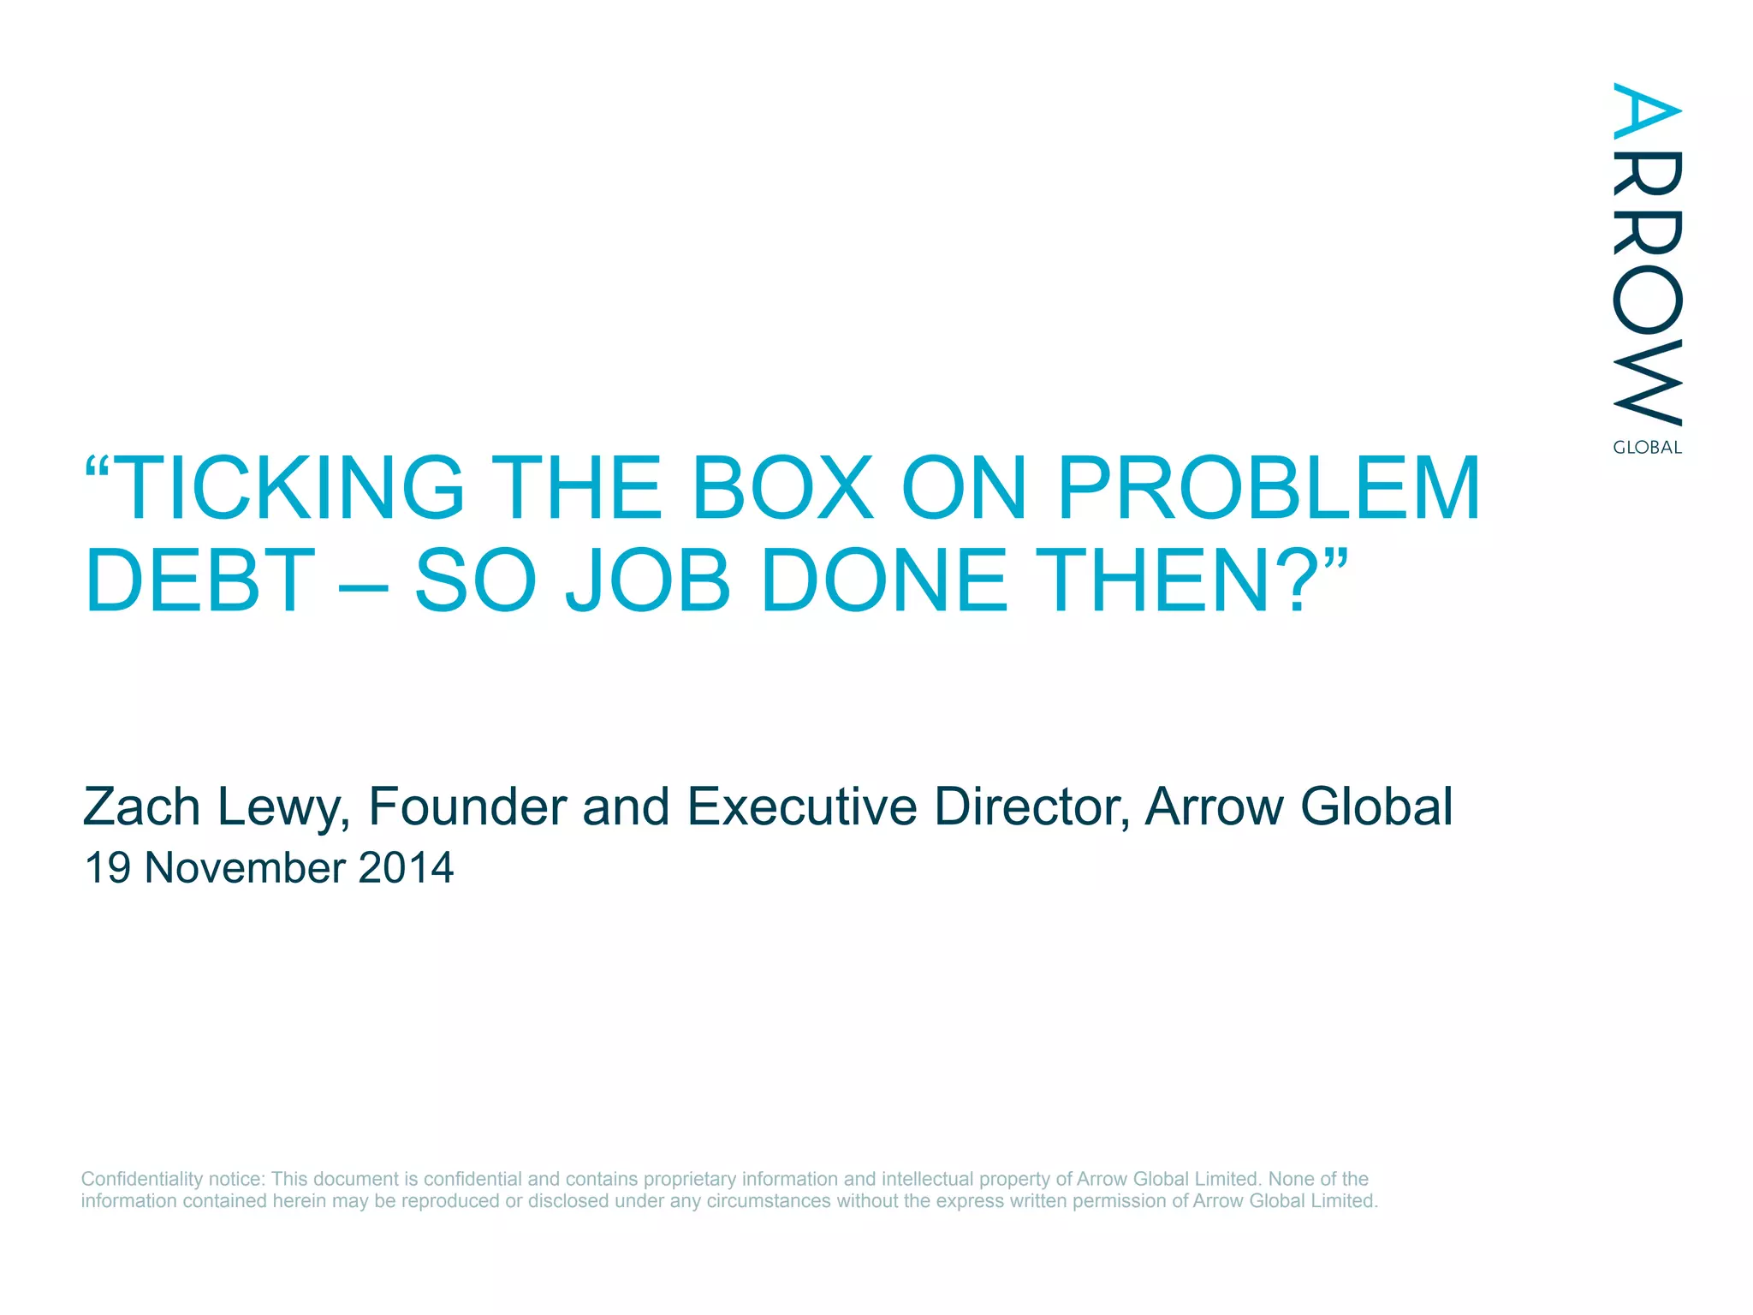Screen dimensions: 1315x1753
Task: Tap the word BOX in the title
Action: (x=782, y=488)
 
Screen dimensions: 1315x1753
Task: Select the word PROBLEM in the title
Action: (x=1269, y=488)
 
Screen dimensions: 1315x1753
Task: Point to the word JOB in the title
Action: (x=648, y=581)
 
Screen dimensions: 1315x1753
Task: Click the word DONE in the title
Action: (x=884, y=581)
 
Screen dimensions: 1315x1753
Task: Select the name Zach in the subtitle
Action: (x=141, y=806)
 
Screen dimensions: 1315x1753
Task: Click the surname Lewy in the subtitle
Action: (x=282, y=808)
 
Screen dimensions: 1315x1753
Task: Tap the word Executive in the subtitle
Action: (x=802, y=806)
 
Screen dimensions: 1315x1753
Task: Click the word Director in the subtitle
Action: (x=1031, y=806)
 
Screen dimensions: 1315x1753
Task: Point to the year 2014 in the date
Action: (x=406, y=868)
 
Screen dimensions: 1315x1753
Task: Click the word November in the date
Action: (x=245, y=868)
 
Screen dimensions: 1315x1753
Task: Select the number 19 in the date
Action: (x=108, y=868)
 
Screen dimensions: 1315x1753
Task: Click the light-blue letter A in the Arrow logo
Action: (x=1647, y=110)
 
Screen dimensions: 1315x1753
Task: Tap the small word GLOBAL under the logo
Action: (x=1647, y=448)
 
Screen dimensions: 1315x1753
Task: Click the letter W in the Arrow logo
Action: (x=1647, y=383)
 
